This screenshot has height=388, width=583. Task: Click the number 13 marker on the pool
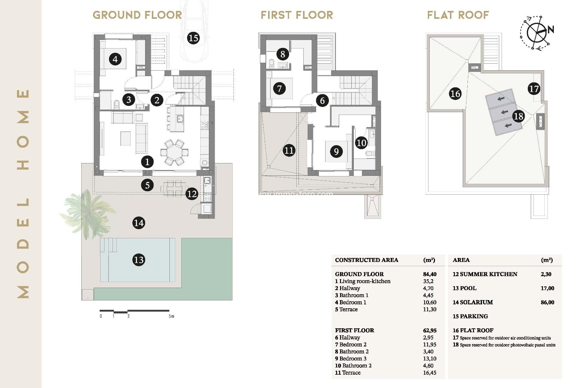138,260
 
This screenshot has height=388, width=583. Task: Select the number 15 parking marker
193,38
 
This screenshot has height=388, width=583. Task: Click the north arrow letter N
551,29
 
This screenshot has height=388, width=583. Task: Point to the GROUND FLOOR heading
137,15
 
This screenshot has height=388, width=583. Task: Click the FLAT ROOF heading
458,15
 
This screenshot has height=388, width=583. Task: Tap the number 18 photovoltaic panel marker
518,116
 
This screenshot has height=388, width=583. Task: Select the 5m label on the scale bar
172,316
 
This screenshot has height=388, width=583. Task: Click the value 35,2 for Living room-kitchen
428,281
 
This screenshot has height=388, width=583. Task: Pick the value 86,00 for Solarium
547,302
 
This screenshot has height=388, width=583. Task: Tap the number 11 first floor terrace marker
289,150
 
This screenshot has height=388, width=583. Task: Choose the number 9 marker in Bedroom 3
336,152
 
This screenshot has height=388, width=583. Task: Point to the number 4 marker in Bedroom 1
115,59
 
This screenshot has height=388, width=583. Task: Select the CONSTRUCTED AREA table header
367,260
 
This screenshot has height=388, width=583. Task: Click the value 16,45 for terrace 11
429,373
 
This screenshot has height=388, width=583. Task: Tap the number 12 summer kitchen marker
192,194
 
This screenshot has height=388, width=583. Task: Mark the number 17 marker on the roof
534,89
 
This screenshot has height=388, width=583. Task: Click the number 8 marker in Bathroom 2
283,54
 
